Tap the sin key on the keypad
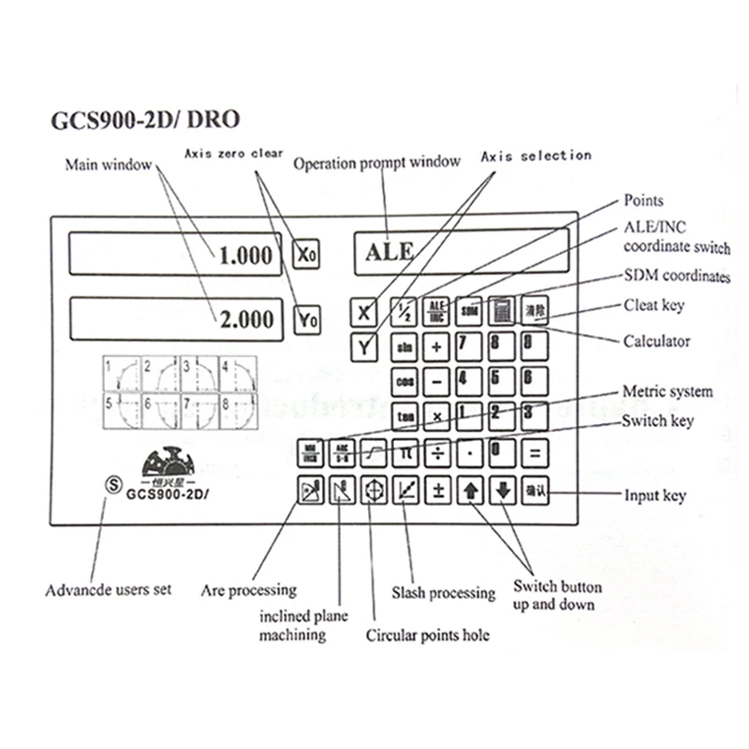[405, 347]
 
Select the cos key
[405, 382]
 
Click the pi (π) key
[405, 452]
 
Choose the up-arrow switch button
[471, 491]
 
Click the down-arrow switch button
[503, 491]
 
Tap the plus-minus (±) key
[437, 490]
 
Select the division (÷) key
[437, 452]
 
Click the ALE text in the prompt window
[389, 252]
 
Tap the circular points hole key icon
[374, 491]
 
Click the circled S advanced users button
[111, 486]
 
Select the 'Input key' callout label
[654, 495]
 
